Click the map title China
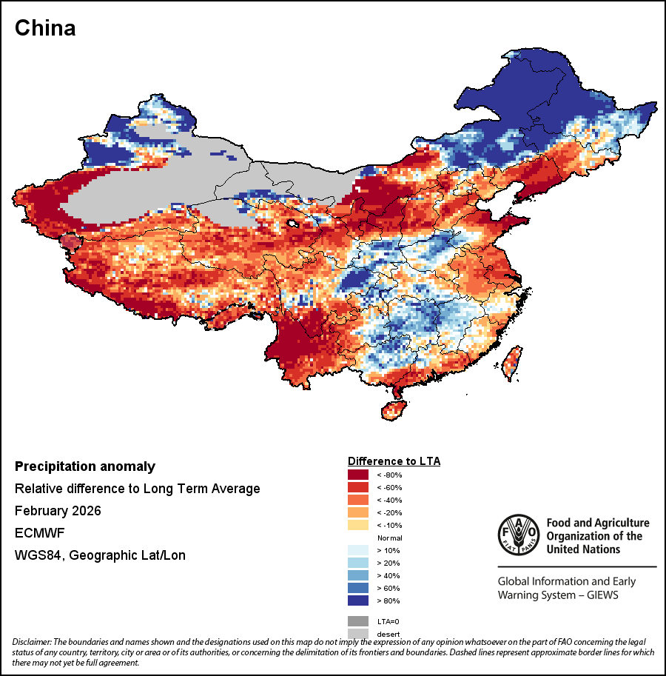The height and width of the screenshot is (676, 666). pyautogui.click(x=45, y=28)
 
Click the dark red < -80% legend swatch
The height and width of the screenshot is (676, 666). pyautogui.click(x=359, y=475)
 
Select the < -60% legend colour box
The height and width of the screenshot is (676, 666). pyautogui.click(x=359, y=487)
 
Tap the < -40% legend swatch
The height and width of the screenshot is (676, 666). pyautogui.click(x=359, y=500)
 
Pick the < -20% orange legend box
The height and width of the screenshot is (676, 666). pyautogui.click(x=359, y=512)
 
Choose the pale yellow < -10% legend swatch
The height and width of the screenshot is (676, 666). pyautogui.click(x=359, y=525)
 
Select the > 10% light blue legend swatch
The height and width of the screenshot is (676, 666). pyautogui.click(x=359, y=550)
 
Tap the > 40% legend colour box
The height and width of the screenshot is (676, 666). pyautogui.click(x=359, y=575)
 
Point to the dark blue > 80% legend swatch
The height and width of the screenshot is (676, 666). pyautogui.click(x=359, y=600)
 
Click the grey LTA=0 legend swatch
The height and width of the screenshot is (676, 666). pyautogui.click(x=359, y=620)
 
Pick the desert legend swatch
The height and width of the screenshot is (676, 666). pyautogui.click(x=359, y=633)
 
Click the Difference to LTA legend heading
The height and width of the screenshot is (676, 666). pyautogui.click(x=394, y=461)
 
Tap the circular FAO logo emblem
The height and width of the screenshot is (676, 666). pyautogui.click(x=518, y=534)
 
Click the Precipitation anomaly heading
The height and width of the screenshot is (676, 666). pyautogui.click(x=85, y=466)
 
